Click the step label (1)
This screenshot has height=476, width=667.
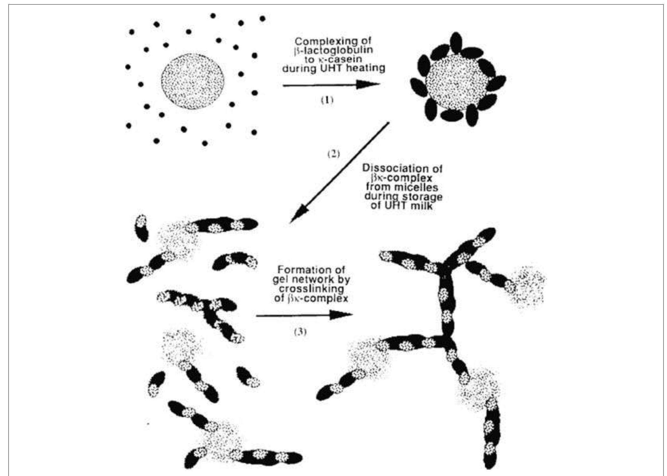tap(327, 100)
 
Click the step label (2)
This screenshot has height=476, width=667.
tap(333, 154)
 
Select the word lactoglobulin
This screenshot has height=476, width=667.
tap(337, 50)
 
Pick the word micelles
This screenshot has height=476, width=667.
tap(420, 187)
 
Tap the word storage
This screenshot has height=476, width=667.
tap(423, 196)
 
